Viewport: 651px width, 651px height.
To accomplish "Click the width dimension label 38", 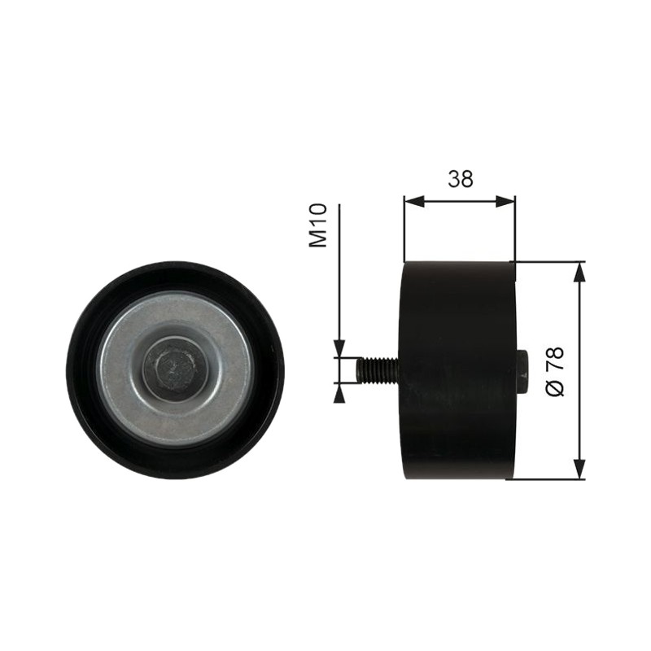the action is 461,179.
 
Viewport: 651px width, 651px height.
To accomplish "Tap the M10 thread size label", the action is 318,225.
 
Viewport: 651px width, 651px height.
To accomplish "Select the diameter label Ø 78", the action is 555,372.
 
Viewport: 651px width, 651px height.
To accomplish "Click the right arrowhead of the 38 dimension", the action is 505,202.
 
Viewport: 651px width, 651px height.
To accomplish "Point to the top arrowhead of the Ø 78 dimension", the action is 579,273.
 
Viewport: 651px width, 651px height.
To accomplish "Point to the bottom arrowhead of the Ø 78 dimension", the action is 579,470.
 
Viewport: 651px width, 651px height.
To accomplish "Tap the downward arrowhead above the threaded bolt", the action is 339,347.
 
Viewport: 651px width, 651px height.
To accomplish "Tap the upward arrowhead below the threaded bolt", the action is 339,393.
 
